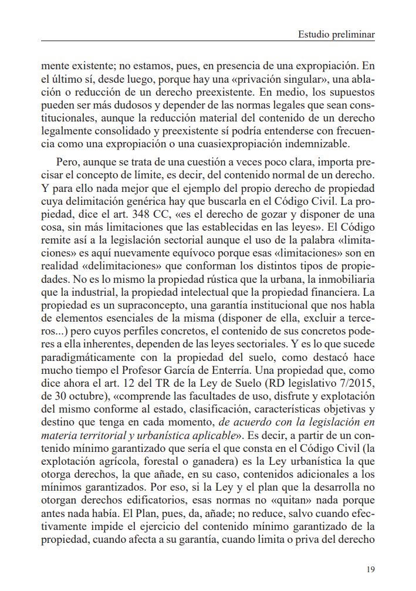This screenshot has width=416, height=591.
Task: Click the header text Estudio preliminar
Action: [x=337, y=35]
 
